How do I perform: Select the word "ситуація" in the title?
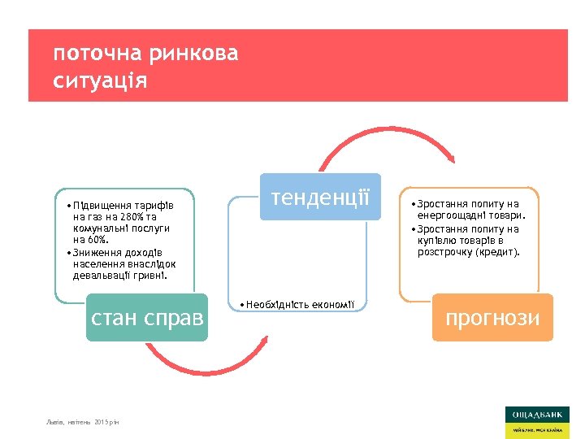coord(100,81)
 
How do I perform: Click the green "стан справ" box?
coord(147,316)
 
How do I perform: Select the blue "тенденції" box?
coord(320,197)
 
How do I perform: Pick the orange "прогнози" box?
coord(492,316)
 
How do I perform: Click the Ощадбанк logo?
coord(536,422)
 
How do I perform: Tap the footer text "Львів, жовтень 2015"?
coord(83,423)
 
